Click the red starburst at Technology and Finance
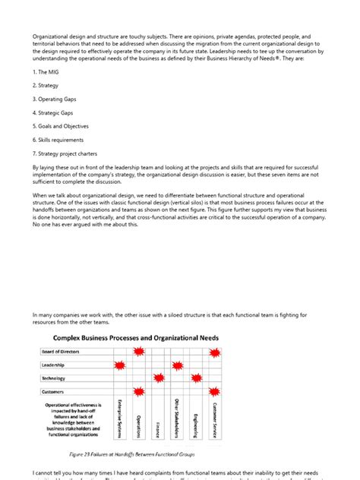tap(158, 378)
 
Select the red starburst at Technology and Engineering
tap(197, 378)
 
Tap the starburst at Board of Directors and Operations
tap(138, 352)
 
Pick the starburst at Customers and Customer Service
tap(216, 392)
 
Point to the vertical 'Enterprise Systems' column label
tap(119, 418)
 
